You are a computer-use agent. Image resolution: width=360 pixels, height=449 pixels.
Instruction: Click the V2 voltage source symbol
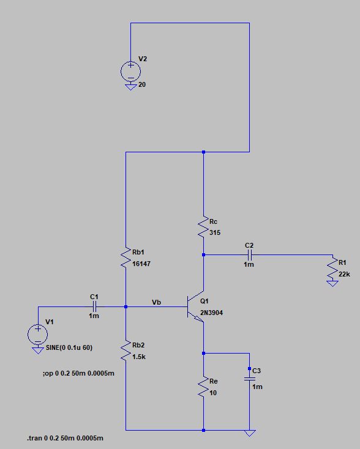130,71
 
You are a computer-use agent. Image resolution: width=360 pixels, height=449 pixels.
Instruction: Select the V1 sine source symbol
37,334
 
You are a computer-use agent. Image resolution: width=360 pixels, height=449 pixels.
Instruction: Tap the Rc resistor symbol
203,228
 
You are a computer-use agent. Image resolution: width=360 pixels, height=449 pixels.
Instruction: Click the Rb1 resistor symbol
126,259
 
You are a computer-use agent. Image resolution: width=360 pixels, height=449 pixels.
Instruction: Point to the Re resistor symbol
203,388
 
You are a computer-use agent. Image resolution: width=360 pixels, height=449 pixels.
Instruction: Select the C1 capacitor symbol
94,306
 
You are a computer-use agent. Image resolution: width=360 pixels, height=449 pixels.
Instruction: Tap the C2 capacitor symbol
249,254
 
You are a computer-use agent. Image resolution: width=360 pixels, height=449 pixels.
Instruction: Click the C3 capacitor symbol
249,379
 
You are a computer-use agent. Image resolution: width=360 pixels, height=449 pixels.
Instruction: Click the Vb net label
157,302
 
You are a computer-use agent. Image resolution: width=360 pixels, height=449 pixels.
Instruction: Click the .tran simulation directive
69,439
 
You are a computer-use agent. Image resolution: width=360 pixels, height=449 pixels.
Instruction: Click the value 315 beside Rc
214,232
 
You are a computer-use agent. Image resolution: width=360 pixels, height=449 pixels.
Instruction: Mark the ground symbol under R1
332,284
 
